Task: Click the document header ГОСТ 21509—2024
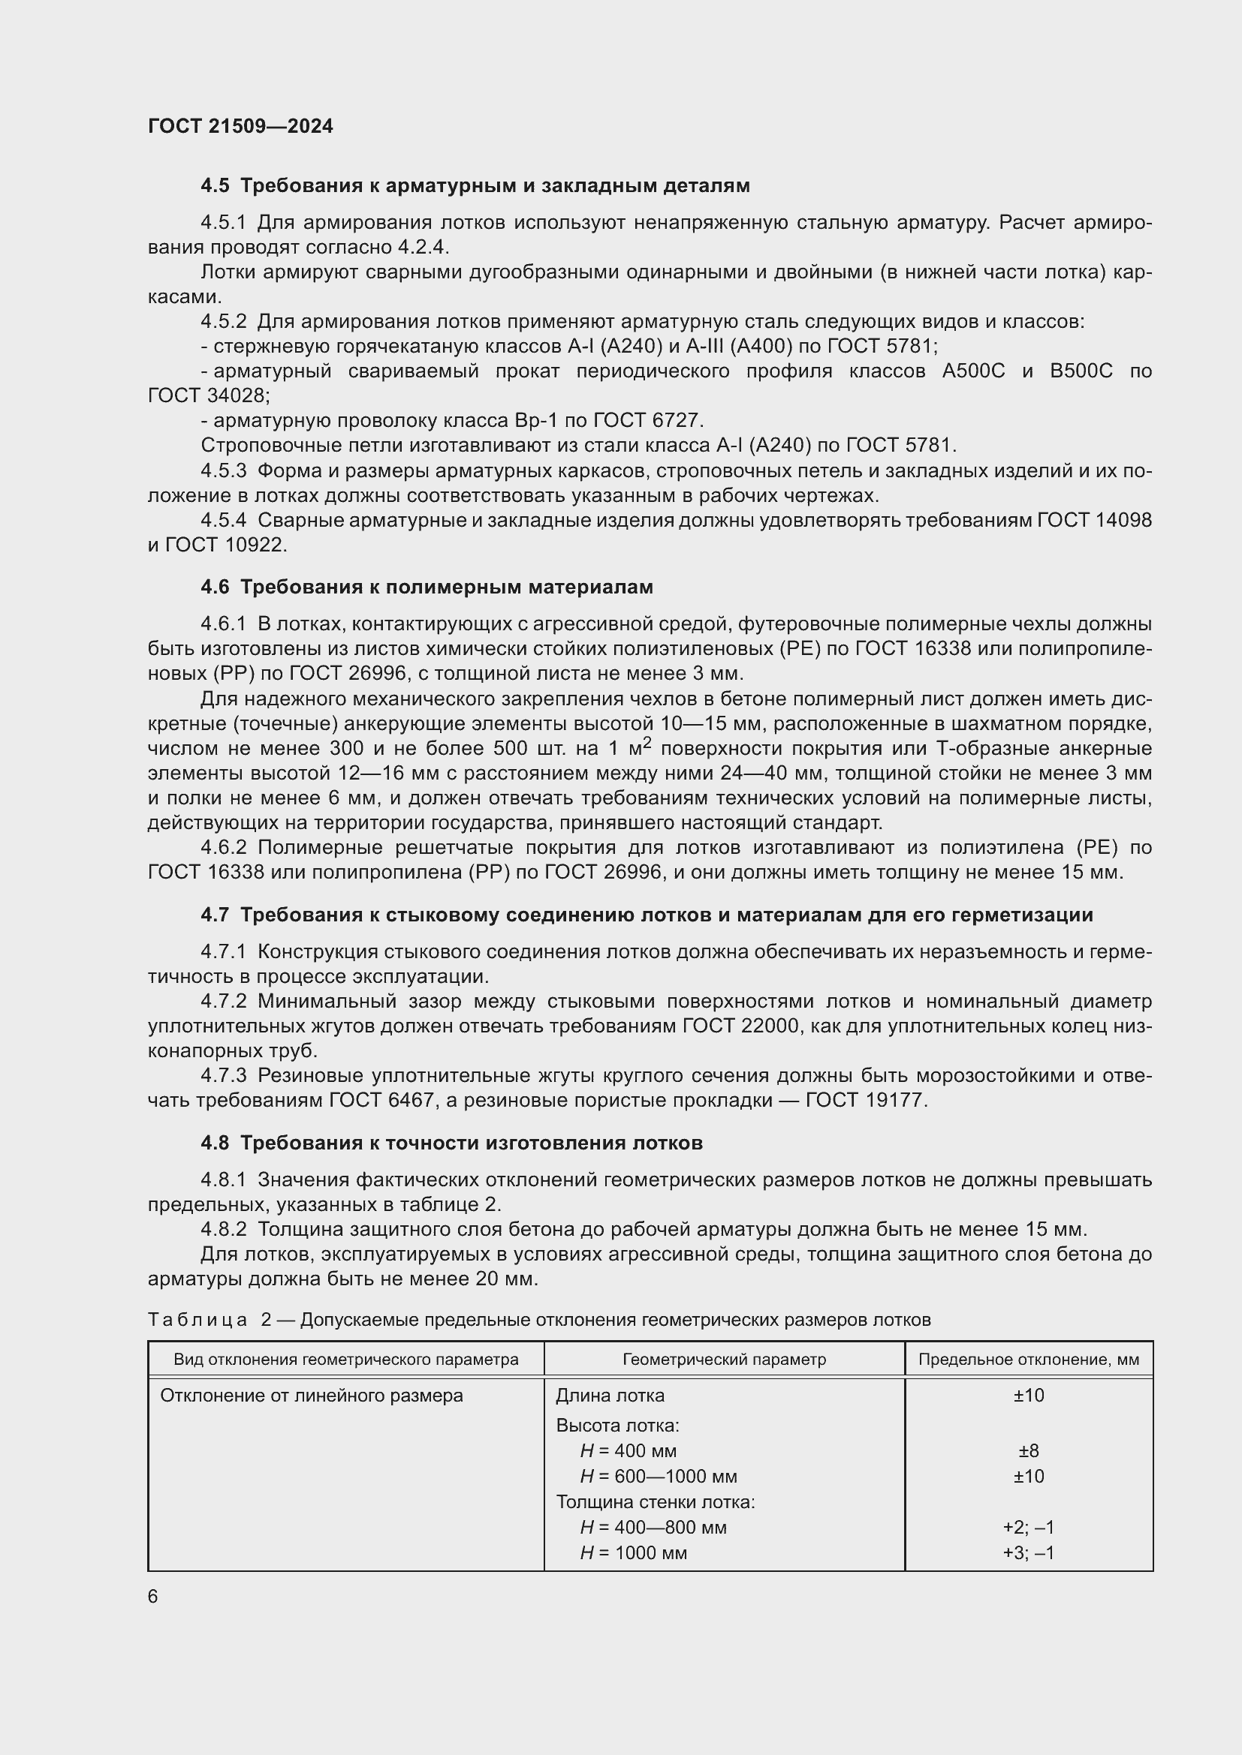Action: [240, 126]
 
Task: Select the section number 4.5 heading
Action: [215, 186]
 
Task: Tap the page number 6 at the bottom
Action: [153, 1596]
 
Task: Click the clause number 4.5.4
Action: [223, 520]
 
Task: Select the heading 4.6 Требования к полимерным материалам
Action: [427, 587]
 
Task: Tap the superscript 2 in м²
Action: [647, 741]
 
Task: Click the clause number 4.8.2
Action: [223, 1229]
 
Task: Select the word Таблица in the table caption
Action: [197, 1320]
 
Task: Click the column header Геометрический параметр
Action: [723, 1360]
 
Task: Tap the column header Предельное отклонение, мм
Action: [1028, 1360]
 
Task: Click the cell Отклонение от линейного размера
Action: [312, 1396]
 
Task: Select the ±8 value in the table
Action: [1028, 1451]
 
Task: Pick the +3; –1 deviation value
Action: [1028, 1552]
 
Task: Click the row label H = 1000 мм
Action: [633, 1552]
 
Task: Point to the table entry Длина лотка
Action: [610, 1396]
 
